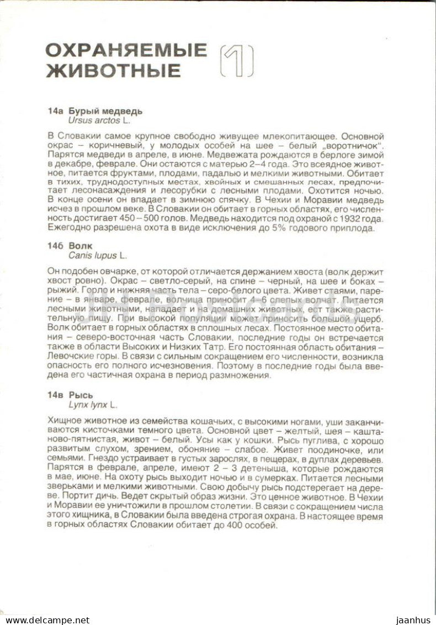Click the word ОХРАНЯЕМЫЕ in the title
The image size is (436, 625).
pos(126,50)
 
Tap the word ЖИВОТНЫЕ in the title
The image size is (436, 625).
pos(113,71)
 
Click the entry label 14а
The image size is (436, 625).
pos(56,111)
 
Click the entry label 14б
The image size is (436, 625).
pos(56,246)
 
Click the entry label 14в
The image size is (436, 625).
pos(56,395)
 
